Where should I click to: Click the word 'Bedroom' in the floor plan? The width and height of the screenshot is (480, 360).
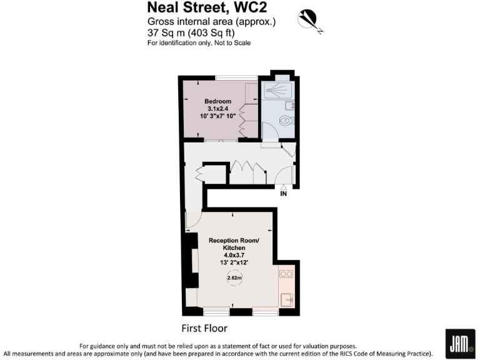point(218,101)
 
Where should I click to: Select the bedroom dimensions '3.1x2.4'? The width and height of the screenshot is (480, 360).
point(218,109)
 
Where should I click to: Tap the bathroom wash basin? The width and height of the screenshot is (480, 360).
point(290,106)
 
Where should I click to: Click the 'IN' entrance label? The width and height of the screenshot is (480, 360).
point(283,194)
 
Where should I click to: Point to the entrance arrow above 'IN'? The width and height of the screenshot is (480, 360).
point(283,187)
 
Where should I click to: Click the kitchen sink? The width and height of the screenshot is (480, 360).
point(287,298)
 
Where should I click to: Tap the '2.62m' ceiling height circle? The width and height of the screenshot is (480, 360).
point(235,278)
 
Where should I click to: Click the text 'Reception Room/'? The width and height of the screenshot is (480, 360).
point(232,241)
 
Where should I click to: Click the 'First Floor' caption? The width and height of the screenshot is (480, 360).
point(204,328)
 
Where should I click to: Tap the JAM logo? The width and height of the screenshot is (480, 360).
point(459,343)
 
